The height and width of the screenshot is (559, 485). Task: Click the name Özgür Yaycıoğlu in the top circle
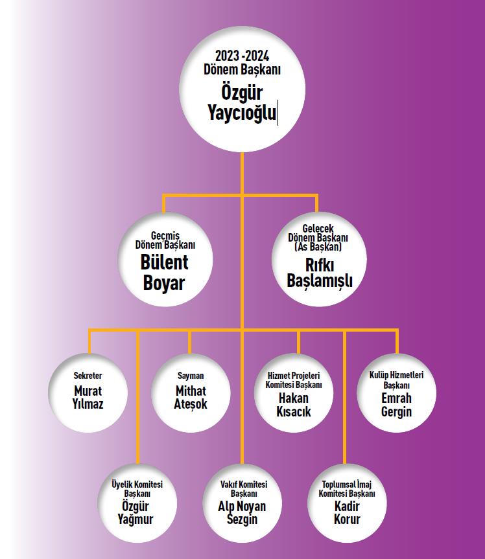tap(242, 103)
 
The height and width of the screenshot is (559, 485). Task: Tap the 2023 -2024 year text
tap(242, 56)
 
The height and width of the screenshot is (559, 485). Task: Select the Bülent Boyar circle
tap(165, 259)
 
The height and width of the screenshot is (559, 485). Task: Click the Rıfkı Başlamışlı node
tap(319, 259)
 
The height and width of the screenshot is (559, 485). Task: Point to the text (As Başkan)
tap(318, 247)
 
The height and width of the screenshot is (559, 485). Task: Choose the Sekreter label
tap(88, 376)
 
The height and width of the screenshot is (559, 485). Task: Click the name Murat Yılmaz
tap(88, 398)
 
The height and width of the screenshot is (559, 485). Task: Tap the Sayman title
tap(191, 376)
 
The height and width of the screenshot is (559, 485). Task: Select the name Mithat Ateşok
tap(191, 398)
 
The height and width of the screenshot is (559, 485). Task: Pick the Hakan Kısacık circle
tap(294, 393)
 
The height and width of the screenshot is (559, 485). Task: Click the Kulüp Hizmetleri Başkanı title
tap(396, 380)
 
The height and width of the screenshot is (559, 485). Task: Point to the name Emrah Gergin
tap(396, 405)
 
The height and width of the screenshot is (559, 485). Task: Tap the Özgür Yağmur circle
tap(137, 503)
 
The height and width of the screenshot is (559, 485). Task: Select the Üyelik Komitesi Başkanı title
tap(137, 489)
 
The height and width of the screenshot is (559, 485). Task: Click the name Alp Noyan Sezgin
tap(242, 512)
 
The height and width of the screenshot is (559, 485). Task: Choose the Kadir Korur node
tap(347, 503)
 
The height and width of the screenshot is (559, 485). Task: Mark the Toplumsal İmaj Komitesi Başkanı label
tap(347, 489)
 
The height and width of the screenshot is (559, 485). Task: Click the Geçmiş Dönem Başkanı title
tap(165, 240)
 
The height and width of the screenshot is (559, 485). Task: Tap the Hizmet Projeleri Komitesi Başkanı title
tap(294, 380)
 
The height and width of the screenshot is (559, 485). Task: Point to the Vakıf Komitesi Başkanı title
tap(244, 489)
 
